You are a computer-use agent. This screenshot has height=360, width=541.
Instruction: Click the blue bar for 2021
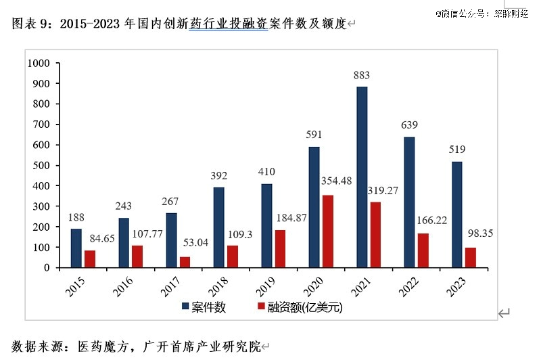click(362, 177)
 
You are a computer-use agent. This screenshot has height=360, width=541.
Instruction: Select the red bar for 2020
click(328, 231)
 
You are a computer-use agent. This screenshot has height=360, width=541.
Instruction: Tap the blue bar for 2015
click(76, 248)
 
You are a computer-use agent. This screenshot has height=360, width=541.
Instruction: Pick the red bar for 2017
click(185, 262)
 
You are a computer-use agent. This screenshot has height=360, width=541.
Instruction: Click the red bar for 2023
click(471, 258)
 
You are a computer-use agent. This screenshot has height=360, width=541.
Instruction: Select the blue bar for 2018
click(218, 227)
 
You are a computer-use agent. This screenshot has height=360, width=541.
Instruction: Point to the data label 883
click(362, 75)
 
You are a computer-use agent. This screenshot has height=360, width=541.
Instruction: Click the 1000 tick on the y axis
click(40, 63)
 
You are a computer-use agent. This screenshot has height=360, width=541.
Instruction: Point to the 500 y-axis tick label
click(43, 165)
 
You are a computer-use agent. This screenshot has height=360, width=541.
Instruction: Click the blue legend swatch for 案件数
click(185, 307)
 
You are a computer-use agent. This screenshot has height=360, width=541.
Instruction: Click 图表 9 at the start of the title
click(31, 24)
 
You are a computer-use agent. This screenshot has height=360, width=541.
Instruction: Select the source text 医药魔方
click(102, 346)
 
